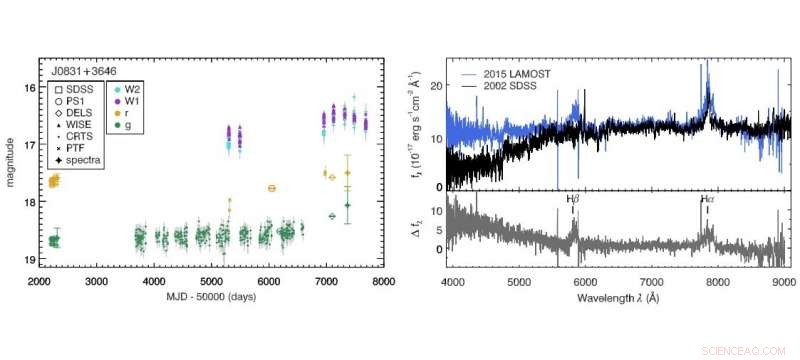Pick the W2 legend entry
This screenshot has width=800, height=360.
coord(133,91)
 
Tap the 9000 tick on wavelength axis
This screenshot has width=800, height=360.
coord(782,283)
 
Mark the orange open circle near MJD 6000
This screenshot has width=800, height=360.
coord(271,188)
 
